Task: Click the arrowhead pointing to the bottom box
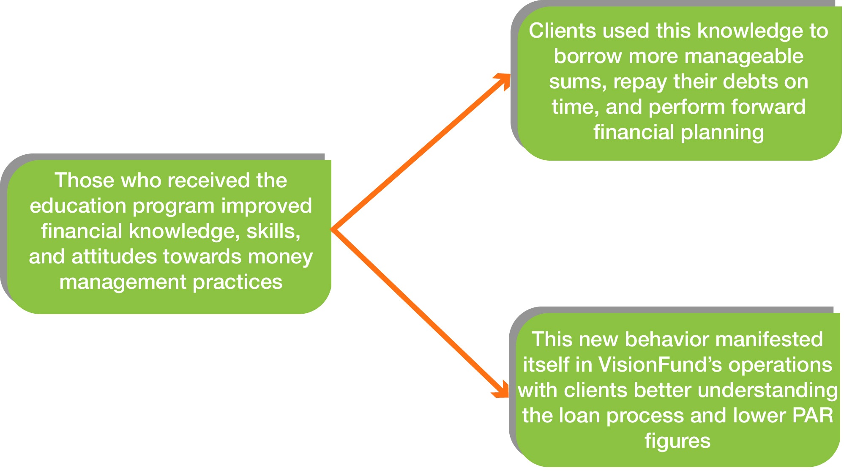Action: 502,390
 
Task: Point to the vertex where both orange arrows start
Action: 333,230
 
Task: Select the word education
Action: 78,206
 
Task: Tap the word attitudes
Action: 114,257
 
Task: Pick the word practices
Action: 238,282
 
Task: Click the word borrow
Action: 587,56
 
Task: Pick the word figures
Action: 677,441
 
